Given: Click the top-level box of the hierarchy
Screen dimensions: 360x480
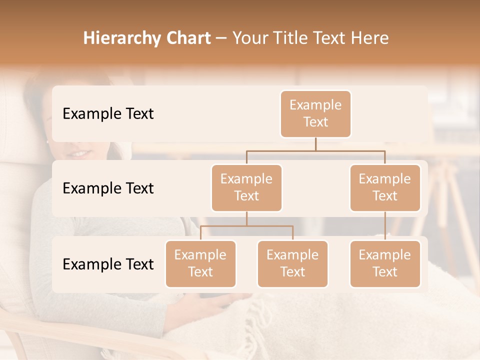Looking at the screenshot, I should [315, 113].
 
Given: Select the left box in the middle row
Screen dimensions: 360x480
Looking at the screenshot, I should [246, 187].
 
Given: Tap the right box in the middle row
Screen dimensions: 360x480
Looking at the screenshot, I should [385, 187].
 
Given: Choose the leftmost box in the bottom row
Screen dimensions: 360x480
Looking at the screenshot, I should [200, 263].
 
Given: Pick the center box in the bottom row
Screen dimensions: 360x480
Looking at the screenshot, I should [292, 263].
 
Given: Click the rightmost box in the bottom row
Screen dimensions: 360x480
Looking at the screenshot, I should [385, 263].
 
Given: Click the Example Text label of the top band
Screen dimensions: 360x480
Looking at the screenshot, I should [108, 114].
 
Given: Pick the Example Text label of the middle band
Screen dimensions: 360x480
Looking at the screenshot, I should [108, 188].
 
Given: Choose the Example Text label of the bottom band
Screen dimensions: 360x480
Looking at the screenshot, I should [108, 264].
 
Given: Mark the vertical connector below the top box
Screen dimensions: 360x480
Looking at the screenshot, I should [315, 144].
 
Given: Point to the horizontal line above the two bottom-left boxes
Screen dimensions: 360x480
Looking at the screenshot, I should [246, 226].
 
